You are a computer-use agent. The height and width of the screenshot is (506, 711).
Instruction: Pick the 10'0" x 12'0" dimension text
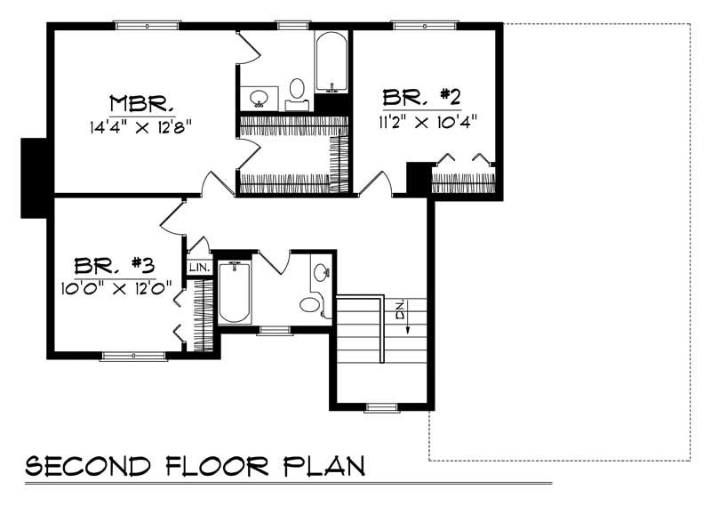pyautogui.click(x=115, y=288)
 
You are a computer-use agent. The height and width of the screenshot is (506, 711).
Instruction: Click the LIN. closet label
pyautogui.click(x=197, y=267)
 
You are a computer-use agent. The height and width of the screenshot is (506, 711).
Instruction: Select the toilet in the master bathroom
pyautogui.click(x=297, y=89)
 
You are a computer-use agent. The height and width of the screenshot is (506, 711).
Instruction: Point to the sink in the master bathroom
pyautogui.click(x=260, y=97)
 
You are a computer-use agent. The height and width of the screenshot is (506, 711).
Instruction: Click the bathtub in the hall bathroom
pyautogui.click(x=235, y=292)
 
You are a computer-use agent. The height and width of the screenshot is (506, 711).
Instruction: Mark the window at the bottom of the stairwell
pyautogui.click(x=381, y=407)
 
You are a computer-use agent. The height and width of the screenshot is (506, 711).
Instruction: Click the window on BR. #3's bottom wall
pyautogui.click(x=132, y=356)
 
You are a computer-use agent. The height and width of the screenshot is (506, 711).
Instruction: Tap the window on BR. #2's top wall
pyautogui.click(x=419, y=25)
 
